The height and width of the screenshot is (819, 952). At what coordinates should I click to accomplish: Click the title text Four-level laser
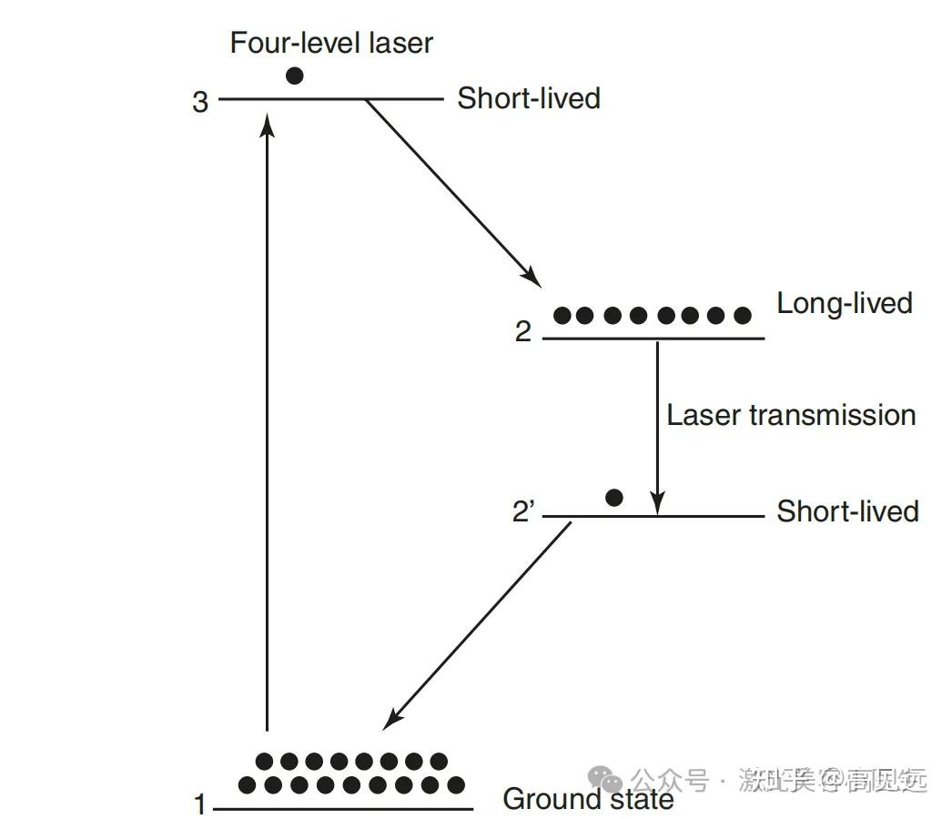(x=330, y=43)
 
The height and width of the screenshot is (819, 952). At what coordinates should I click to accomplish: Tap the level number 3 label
(x=200, y=102)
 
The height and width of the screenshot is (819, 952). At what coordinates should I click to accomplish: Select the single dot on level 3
(x=294, y=76)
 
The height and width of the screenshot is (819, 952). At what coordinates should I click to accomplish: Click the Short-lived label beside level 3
(x=528, y=98)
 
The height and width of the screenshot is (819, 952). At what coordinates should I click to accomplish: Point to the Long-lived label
(x=844, y=303)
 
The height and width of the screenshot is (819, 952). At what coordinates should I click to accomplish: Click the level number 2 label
(x=522, y=332)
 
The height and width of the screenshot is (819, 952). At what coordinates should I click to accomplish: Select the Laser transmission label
(x=790, y=415)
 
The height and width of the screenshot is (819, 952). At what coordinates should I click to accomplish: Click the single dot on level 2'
(x=614, y=497)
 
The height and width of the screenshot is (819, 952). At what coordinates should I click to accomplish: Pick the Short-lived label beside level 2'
(x=846, y=511)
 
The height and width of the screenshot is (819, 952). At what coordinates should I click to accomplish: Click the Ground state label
(x=588, y=800)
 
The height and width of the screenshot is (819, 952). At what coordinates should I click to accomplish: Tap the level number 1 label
(x=200, y=805)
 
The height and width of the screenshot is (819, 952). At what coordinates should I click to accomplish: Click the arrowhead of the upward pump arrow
(x=267, y=121)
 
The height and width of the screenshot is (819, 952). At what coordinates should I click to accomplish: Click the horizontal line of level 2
(x=653, y=339)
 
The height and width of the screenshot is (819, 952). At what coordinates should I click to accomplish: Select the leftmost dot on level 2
(x=562, y=316)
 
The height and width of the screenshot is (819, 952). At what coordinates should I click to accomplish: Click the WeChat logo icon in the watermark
(x=605, y=779)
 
